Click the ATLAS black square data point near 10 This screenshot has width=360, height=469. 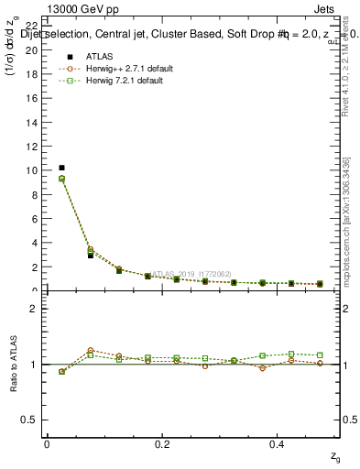(x=61, y=168)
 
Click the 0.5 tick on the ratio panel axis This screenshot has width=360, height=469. (x=33, y=420)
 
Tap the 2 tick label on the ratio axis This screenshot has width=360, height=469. (x=35, y=309)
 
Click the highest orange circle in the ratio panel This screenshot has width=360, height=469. (x=90, y=350)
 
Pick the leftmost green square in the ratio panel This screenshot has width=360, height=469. (x=61, y=371)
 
